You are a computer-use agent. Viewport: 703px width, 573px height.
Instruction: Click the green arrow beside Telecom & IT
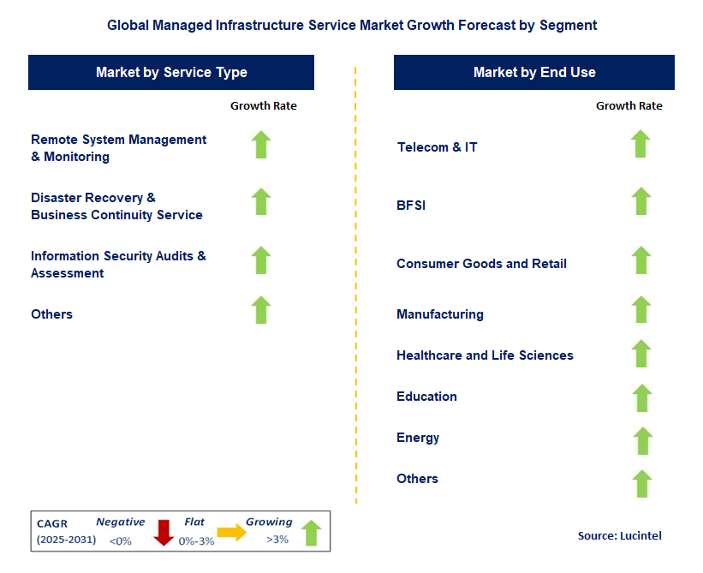[640, 145]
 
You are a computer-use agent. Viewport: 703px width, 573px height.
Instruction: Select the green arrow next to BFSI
[640, 202]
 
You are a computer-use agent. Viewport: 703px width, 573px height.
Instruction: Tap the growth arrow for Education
[641, 398]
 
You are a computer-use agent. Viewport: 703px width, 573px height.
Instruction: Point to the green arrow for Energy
[642, 441]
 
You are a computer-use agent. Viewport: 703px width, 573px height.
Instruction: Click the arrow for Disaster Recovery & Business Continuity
[261, 202]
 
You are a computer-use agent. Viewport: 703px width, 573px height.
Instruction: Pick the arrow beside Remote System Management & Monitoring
[261, 145]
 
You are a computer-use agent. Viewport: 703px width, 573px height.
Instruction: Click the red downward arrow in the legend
[164, 533]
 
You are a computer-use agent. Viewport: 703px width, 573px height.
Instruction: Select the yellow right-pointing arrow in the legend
[231, 532]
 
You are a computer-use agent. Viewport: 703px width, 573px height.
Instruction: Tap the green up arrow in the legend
[311, 533]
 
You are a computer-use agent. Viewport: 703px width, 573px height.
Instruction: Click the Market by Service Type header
[171, 73]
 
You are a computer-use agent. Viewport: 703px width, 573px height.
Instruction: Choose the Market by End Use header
[534, 73]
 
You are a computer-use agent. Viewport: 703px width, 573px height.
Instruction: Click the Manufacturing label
[440, 314]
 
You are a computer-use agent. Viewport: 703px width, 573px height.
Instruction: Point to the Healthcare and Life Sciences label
[485, 355]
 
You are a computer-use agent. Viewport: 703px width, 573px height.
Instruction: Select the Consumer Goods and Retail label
[481, 264]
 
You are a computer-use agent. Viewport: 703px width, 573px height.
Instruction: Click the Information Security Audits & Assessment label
[118, 265]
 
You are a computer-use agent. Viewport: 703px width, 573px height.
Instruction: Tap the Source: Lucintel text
[619, 535]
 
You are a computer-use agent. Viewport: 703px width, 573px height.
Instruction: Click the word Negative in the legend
[120, 522]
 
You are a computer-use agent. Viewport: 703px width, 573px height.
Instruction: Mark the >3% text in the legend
[277, 540]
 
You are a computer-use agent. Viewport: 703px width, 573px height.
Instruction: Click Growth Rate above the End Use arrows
[629, 106]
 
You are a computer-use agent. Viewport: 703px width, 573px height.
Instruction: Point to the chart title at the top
[352, 26]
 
